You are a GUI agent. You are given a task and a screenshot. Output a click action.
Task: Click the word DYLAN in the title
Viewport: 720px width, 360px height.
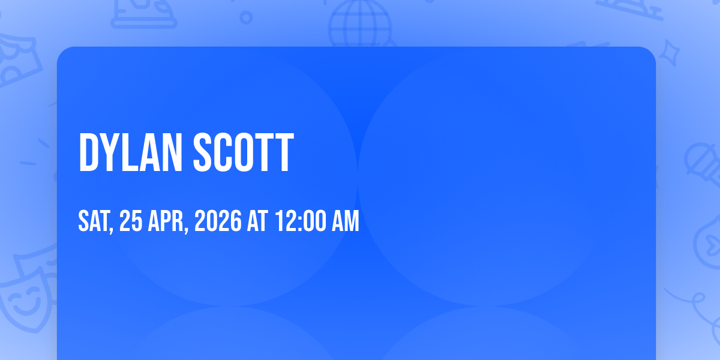click(131, 152)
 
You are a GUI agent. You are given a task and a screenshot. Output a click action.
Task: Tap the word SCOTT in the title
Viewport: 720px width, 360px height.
click(244, 152)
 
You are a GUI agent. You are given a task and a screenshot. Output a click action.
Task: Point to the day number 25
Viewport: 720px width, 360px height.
click(131, 221)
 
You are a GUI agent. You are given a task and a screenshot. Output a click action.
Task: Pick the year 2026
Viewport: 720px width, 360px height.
click(218, 221)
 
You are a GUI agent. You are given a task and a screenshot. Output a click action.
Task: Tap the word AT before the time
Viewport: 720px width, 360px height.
click(257, 221)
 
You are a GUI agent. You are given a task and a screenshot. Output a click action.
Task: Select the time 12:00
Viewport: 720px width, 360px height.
click(301, 221)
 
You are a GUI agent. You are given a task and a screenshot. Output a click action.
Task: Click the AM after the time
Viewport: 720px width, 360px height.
click(345, 221)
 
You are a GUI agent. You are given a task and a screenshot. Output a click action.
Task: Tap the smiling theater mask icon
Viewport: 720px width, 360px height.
click(28, 299)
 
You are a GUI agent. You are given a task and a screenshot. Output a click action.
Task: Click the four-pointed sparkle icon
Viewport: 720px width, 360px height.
click(669, 53)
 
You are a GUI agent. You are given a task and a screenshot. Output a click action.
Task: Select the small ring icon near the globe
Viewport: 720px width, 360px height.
click(246, 17)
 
